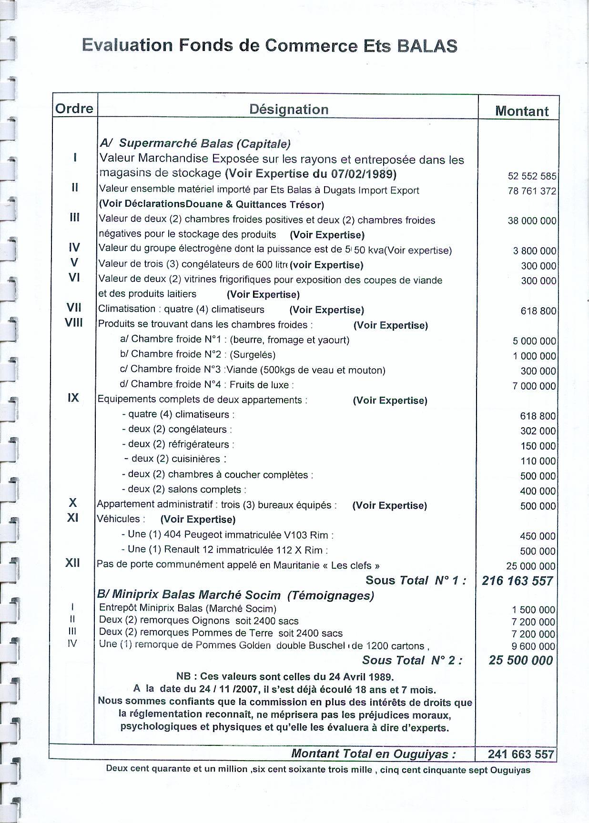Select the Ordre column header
pyautogui.click(x=74, y=109)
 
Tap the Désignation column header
pyautogui.click(x=289, y=110)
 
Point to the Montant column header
pyautogui.click(x=522, y=111)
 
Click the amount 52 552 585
pyautogui.click(x=532, y=176)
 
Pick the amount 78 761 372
pyautogui.click(x=532, y=191)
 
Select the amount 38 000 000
pyautogui.click(x=532, y=221)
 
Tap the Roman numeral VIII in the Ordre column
pyautogui.click(x=74, y=323)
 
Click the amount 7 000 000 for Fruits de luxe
pyautogui.click(x=534, y=386)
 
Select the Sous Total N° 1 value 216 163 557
pyautogui.click(x=517, y=581)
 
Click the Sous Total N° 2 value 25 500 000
pyautogui.click(x=520, y=660)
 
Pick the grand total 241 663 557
pyautogui.click(x=521, y=754)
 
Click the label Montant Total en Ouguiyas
pyautogui.click(x=373, y=754)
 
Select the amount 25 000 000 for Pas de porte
pyautogui.click(x=531, y=566)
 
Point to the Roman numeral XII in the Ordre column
pyautogui.click(x=72, y=563)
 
